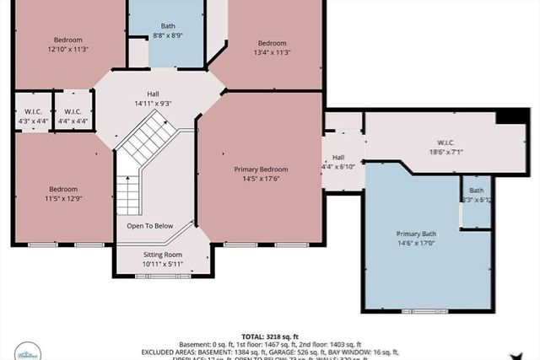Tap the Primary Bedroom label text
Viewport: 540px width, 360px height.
coord(259,169)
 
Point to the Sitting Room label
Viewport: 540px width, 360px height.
coord(160,255)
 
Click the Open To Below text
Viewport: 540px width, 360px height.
coord(150,226)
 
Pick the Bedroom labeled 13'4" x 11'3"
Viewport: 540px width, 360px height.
coord(272,47)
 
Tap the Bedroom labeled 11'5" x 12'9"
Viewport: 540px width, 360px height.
coord(62,193)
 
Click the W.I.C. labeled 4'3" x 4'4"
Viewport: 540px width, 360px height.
coord(33,116)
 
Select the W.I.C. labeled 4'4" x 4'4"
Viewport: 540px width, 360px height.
coord(72,116)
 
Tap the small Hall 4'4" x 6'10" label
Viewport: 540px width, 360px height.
coord(337,162)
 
